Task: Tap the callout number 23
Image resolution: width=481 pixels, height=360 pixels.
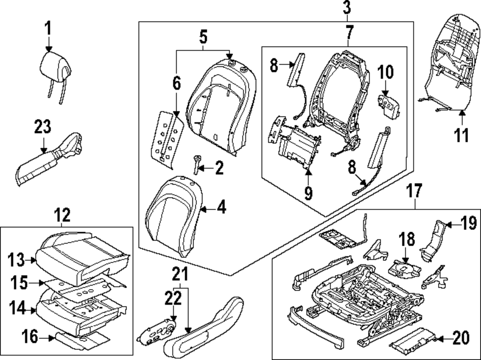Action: (42, 129)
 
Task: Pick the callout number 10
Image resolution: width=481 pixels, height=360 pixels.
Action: (385, 72)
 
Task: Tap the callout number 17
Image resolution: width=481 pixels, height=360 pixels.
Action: (415, 192)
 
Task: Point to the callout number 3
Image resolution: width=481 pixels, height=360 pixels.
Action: (347, 8)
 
